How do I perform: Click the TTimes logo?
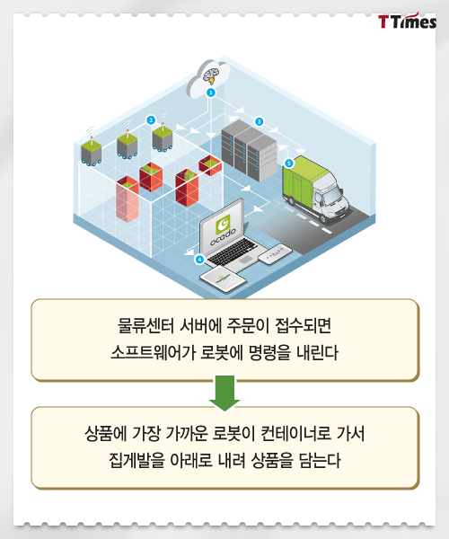click(x=407, y=22)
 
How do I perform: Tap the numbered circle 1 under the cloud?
click(x=211, y=93)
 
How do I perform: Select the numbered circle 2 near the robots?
click(x=151, y=120)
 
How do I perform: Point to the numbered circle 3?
click(x=259, y=121)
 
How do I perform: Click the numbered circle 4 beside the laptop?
click(x=199, y=260)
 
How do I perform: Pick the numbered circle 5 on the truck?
click(x=288, y=163)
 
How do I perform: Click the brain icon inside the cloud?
click(x=211, y=75)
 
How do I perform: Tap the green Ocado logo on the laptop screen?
click(x=224, y=224)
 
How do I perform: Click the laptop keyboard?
click(x=233, y=252)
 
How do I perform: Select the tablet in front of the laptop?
click(x=224, y=279)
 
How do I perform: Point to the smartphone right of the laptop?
click(x=275, y=254)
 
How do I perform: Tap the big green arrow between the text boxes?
click(x=224, y=393)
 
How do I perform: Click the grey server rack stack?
click(x=249, y=150)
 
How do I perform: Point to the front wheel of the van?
click(x=323, y=216)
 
